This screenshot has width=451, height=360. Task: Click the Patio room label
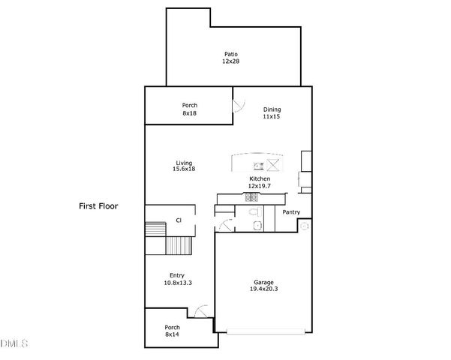pyautogui.click(x=230, y=53)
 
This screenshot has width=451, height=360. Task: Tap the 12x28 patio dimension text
pyautogui.click(x=230, y=61)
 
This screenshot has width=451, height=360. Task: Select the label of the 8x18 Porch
pyautogui.click(x=189, y=105)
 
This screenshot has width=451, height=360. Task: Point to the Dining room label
pyautogui.click(x=272, y=109)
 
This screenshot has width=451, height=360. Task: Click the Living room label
pyautogui.click(x=184, y=163)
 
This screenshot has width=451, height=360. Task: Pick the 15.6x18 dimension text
pyautogui.click(x=184, y=169)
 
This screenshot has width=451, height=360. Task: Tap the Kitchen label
pyautogui.click(x=259, y=178)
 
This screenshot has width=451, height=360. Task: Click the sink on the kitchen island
pyautogui.click(x=257, y=165)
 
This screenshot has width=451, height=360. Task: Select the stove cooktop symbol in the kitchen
pyautogui.click(x=251, y=198)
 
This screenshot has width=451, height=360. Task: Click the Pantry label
pyautogui.click(x=291, y=212)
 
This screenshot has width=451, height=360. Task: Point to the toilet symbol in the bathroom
pyautogui.click(x=255, y=224)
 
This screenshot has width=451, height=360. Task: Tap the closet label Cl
pyautogui.click(x=179, y=220)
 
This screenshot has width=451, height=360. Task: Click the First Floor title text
pyautogui.click(x=99, y=205)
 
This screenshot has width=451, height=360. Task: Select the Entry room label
pyautogui.click(x=177, y=275)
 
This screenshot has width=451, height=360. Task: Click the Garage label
pyautogui.click(x=263, y=282)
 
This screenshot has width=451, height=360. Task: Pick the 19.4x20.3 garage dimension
pyautogui.click(x=263, y=289)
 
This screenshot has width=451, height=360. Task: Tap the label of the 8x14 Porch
pyautogui.click(x=173, y=327)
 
